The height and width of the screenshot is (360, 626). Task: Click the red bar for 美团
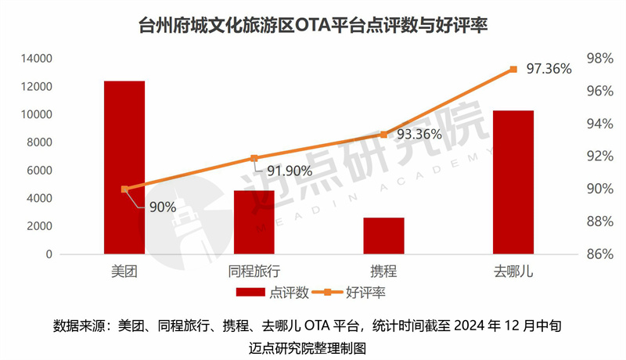(124, 167)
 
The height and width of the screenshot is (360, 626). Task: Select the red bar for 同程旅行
(254, 222)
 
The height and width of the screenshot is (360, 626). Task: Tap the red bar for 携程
(383, 236)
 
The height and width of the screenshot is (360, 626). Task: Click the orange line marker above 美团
(124, 189)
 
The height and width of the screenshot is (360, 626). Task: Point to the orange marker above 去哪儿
(513, 69)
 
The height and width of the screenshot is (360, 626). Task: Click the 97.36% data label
(549, 69)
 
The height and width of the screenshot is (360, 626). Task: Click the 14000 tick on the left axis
(37, 59)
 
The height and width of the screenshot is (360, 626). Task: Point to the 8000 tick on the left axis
(40, 142)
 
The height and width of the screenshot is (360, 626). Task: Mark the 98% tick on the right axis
(599, 59)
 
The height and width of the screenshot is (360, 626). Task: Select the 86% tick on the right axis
(599, 254)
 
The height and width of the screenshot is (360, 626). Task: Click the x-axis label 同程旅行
(254, 271)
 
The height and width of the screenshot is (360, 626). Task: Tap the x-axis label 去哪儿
(513, 271)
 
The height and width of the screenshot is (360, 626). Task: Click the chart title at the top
(313, 25)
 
